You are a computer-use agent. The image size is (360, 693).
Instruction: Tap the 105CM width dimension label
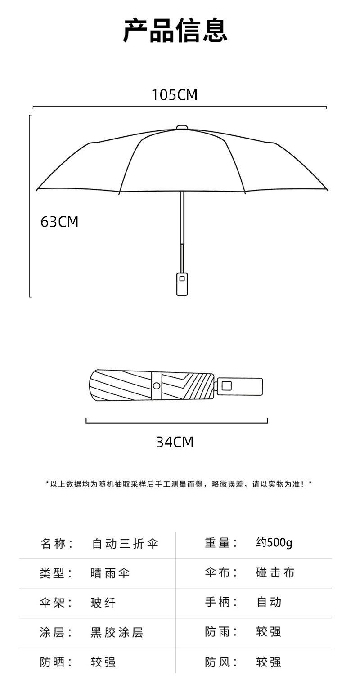[175, 95]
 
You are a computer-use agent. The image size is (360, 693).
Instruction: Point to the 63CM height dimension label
[59, 222]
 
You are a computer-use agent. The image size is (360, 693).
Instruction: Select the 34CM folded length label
[175, 442]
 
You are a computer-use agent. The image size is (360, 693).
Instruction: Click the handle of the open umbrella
[182, 283]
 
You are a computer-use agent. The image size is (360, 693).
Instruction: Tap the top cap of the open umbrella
[182, 128]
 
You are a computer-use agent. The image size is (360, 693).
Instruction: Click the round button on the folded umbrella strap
[157, 385]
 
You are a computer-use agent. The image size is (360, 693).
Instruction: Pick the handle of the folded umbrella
[239, 386]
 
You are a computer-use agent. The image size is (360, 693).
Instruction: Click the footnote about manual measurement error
[179, 484]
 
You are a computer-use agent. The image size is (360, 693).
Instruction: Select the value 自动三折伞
[125, 543]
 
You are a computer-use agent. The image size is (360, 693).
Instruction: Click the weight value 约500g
[274, 543]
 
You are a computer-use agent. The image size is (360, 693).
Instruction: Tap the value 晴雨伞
[110, 573]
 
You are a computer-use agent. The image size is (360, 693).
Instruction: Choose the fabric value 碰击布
[275, 572]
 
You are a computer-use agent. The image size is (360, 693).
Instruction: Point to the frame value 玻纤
[103, 603]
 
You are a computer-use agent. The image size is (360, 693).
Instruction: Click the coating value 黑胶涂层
[117, 632]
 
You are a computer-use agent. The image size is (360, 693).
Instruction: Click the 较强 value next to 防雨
[269, 632]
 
